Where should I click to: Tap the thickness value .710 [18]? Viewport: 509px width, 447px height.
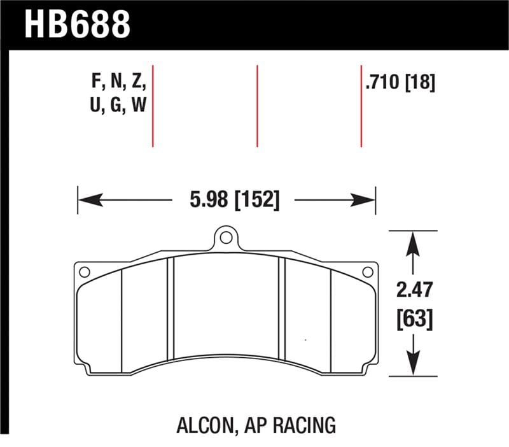point(400,83)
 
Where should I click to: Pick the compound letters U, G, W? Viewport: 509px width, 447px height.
point(119,105)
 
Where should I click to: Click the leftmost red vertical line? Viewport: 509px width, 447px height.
point(153,105)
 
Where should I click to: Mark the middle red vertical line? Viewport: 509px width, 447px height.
point(257,105)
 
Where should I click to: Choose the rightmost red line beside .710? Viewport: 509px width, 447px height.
point(361,105)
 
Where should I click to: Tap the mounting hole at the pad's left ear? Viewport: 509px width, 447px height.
point(84,272)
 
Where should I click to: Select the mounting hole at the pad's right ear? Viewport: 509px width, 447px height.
point(366,272)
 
